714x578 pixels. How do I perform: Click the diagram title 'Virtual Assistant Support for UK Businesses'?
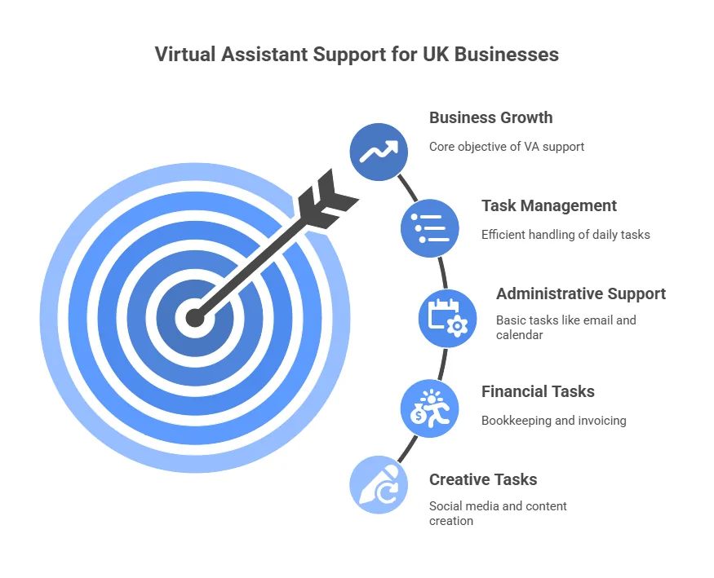coord(357,54)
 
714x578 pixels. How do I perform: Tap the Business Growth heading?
coord(491,117)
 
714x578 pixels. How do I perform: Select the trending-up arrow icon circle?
coord(379,152)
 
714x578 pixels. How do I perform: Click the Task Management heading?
coord(549,206)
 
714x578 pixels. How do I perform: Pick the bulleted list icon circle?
coord(430,228)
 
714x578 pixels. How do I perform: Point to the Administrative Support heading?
coord(581,293)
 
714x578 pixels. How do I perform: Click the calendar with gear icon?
coord(448,318)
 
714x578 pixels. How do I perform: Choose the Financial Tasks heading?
coord(538,391)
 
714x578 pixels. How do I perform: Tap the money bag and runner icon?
coord(430,408)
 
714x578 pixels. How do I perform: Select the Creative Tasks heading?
coord(483,480)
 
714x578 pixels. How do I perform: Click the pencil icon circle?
coord(379,485)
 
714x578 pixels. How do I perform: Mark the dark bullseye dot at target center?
coord(195,318)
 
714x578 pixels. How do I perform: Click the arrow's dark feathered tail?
coord(326,200)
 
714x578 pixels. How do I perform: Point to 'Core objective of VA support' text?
coord(507,147)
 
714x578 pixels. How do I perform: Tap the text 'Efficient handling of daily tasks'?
coord(565,235)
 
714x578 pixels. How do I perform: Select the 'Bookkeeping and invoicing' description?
coord(554,421)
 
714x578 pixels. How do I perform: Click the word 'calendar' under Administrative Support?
coord(520,335)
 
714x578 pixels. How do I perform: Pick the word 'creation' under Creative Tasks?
coord(451,521)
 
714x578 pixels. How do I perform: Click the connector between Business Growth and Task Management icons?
coord(407,188)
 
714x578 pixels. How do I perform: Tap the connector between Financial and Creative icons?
coord(407,448)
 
